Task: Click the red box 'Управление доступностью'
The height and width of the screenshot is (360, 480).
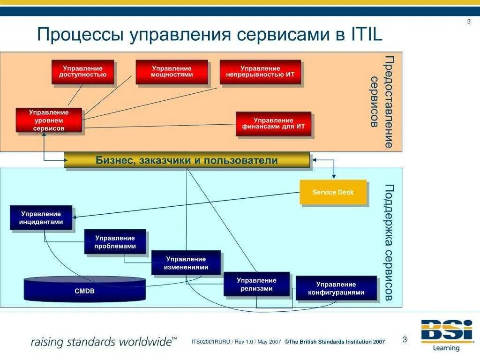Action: point(83,72)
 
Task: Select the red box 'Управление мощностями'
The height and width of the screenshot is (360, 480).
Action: point(172,72)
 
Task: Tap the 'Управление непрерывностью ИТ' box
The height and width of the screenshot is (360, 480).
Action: point(260,72)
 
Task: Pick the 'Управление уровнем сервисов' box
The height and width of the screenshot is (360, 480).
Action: point(49,120)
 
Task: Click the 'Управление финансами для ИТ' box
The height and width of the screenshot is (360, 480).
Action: point(273,124)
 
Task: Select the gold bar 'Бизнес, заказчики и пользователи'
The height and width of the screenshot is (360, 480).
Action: point(187,160)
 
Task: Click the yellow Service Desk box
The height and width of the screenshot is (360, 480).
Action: point(333,192)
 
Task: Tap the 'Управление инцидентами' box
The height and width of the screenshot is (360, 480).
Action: point(41,218)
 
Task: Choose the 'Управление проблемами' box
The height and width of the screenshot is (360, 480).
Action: point(115,242)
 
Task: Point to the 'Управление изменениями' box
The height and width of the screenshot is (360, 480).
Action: point(186,263)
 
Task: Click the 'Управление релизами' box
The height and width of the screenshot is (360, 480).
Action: point(256,284)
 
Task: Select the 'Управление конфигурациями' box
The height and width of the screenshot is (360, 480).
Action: point(336,288)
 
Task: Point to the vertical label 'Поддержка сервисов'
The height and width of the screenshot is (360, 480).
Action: point(389,242)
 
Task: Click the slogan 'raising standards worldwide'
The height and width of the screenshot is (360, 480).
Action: point(104,341)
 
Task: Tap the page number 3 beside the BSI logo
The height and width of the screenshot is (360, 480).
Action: point(405,340)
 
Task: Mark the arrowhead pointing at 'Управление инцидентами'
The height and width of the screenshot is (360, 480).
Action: point(75,217)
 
